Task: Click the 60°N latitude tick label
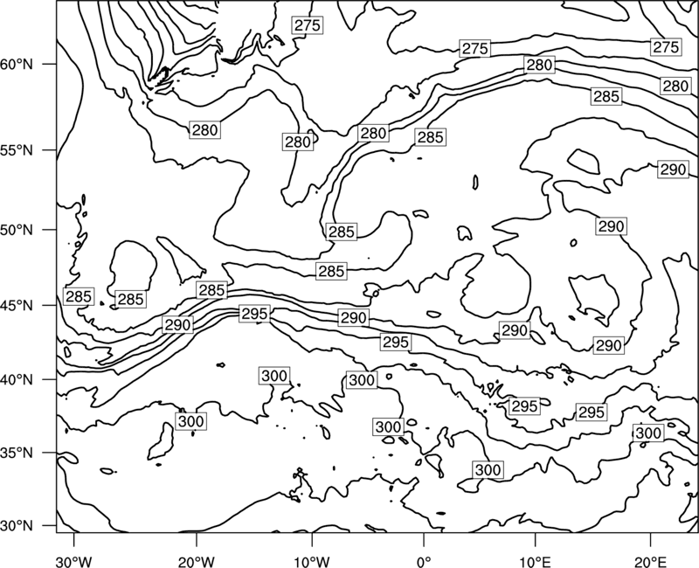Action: pyautogui.click(x=17, y=65)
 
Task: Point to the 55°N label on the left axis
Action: pyautogui.click(x=17, y=150)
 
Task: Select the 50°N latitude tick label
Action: pyautogui.click(x=17, y=230)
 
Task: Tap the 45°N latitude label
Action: pyautogui.click(x=17, y=306)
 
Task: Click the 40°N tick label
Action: pyautogui.click(x=17, y=380)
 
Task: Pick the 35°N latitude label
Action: pyautogui.click(x=17, y=454)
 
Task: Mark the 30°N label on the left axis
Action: pyautogui.click(x=17, y=526)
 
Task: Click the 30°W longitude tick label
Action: pyautogui.click(x=73, y=562)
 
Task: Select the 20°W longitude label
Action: pyautogui.click(x=196, y=562)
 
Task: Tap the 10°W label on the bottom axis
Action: pyautogui.click(x=312, y=562)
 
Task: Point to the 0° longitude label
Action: pyautogui.click(x=424, y=562)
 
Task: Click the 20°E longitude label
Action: pyautogui.click(x=650, y=562)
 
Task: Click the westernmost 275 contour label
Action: pyautogui.click(x=308, y=25)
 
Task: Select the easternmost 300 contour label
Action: pyautogui.click(x=648, y=433)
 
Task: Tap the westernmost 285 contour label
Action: pyautogui.click(x=79, y=296)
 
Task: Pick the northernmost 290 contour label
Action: pyautogui.click(x=673, y=170)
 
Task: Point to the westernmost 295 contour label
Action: pyautogui.click(x=254, y=314)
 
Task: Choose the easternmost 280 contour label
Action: pyautogui.click(x=675, y=86)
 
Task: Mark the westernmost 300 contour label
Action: pyautogui.click(x=191, y=421)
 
